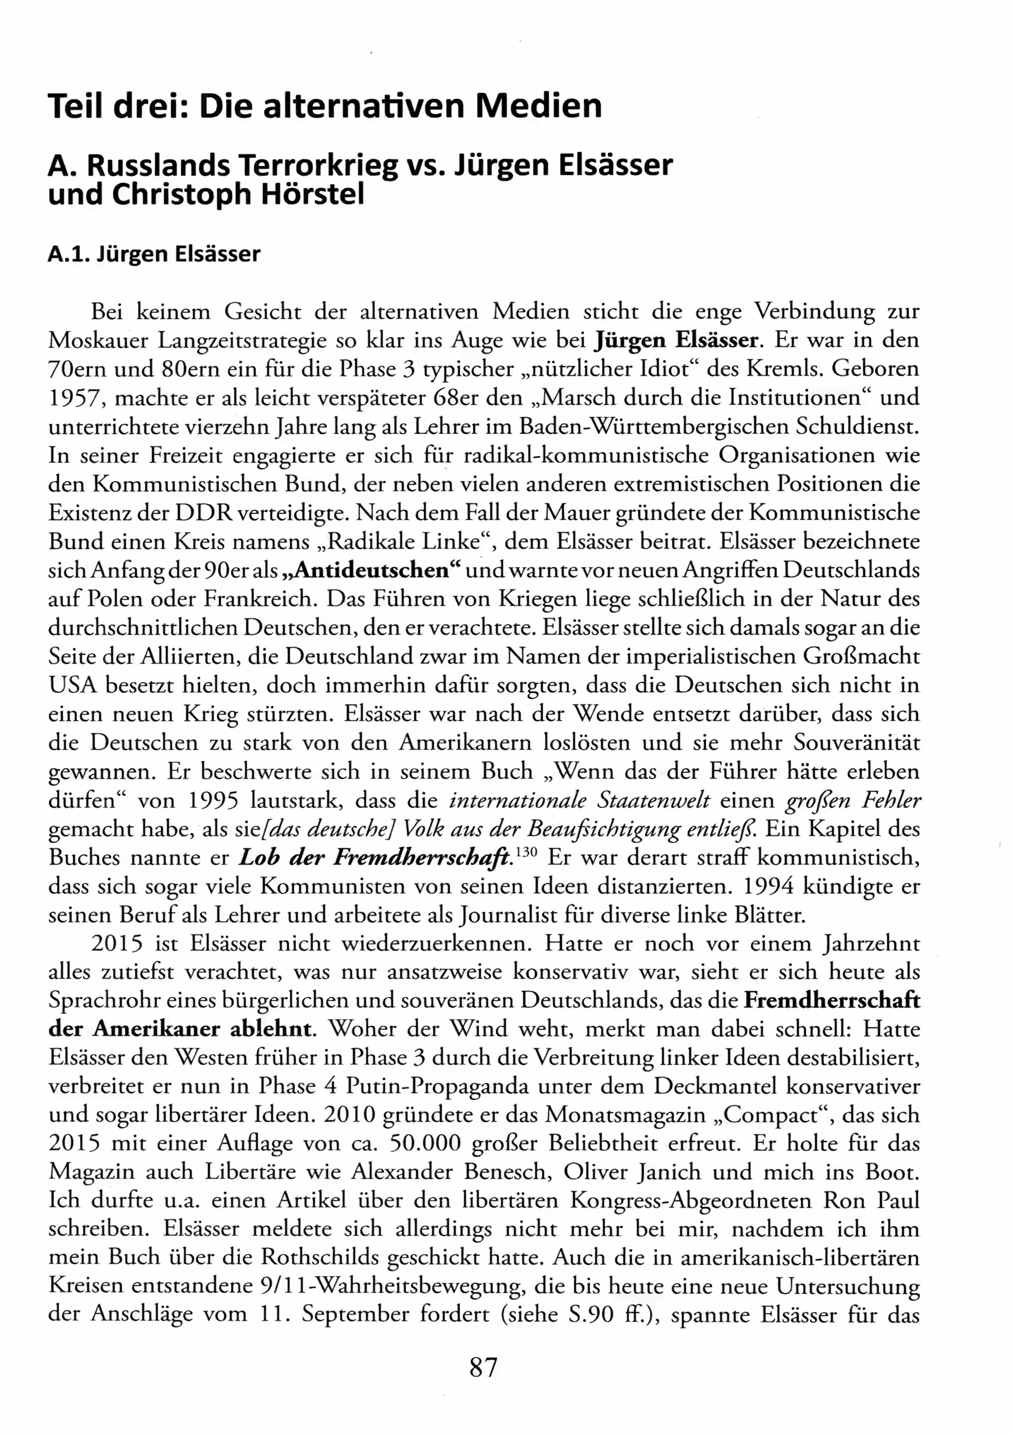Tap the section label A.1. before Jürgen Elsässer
pyautogui.click(x=69, y=254)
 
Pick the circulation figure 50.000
pyautogui.click(x=425, y=1144)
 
